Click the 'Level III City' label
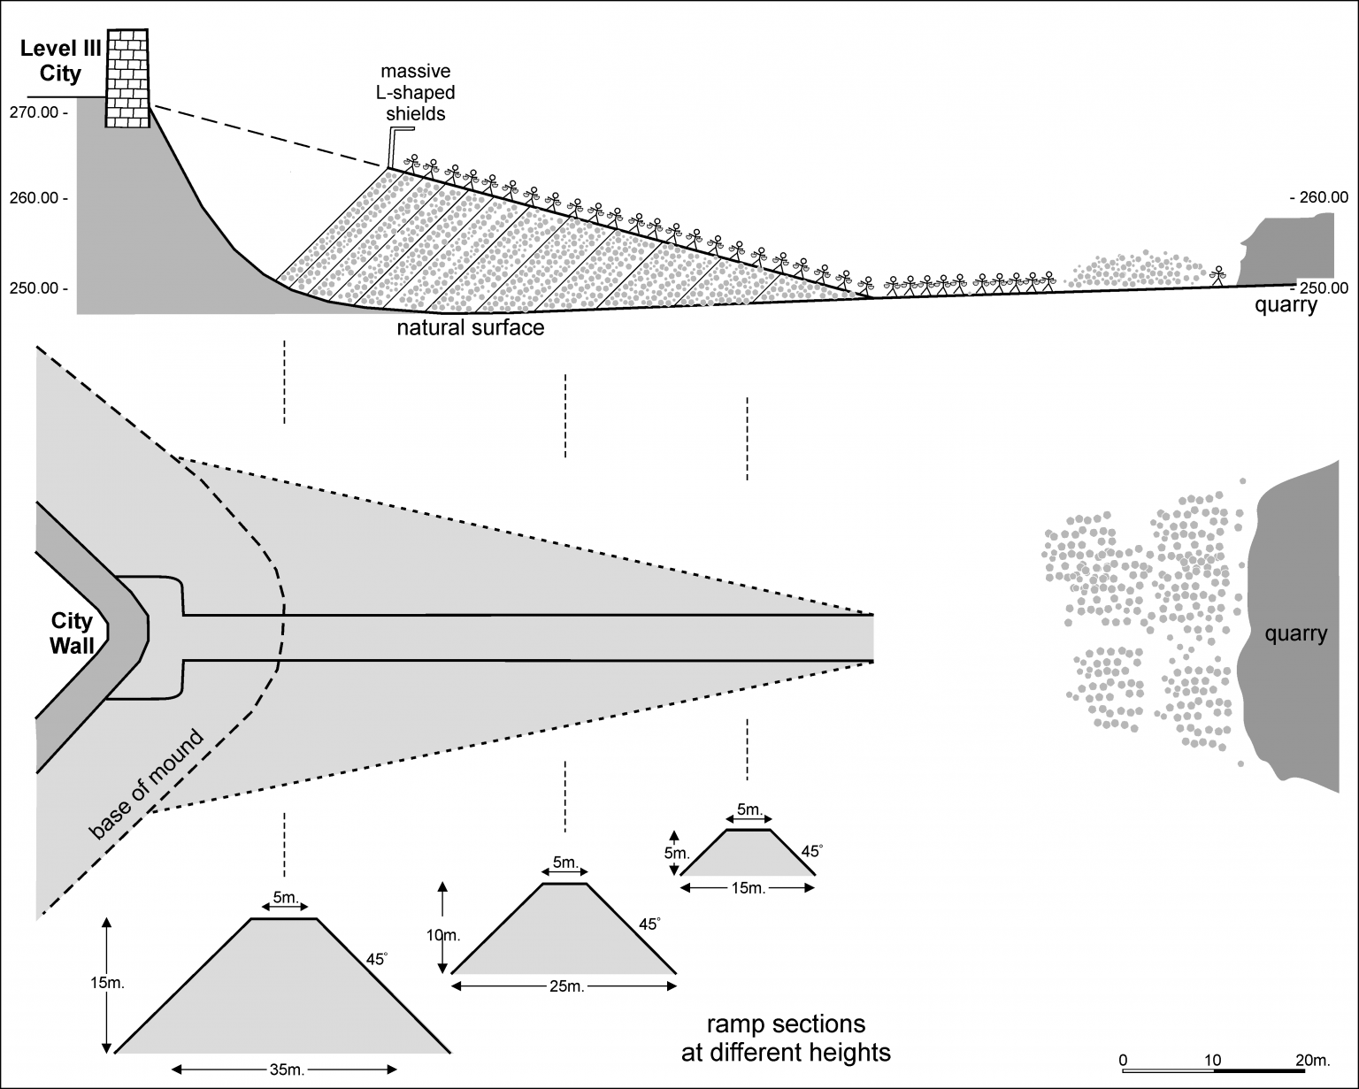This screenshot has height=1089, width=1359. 60,60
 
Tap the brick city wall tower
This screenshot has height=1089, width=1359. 127,79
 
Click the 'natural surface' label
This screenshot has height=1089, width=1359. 470,328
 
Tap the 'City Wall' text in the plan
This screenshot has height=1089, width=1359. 72,633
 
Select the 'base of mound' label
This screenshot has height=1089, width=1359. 146,784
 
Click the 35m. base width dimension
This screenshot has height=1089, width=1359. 286,1070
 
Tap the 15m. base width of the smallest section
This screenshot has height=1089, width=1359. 748,888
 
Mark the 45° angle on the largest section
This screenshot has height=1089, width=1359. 377,959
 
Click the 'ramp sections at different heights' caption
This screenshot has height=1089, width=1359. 785,1039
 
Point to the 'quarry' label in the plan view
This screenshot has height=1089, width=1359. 1295,633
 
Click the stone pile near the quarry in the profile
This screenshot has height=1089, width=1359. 1134,268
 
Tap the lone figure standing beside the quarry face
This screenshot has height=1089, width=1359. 1219,275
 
